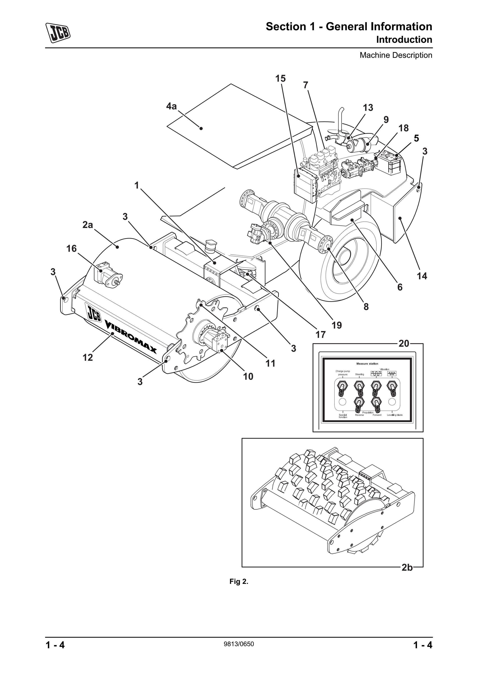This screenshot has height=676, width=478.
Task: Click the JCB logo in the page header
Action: point(58,32)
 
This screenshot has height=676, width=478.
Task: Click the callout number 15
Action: point(280,79)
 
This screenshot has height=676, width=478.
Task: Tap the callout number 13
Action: point(368,108)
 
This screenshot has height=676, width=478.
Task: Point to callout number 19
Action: point(337,325)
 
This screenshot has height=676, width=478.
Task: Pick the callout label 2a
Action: point(87,225)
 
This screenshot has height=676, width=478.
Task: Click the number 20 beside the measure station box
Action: point(404,343)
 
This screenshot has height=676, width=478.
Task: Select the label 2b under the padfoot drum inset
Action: point(407,567)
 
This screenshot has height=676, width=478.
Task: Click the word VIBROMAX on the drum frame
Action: point(131,337)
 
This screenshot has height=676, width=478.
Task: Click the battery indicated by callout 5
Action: point(390,163)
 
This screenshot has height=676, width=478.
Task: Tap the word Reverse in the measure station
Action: point(359,415)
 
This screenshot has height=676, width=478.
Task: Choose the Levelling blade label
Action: point(395,415)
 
